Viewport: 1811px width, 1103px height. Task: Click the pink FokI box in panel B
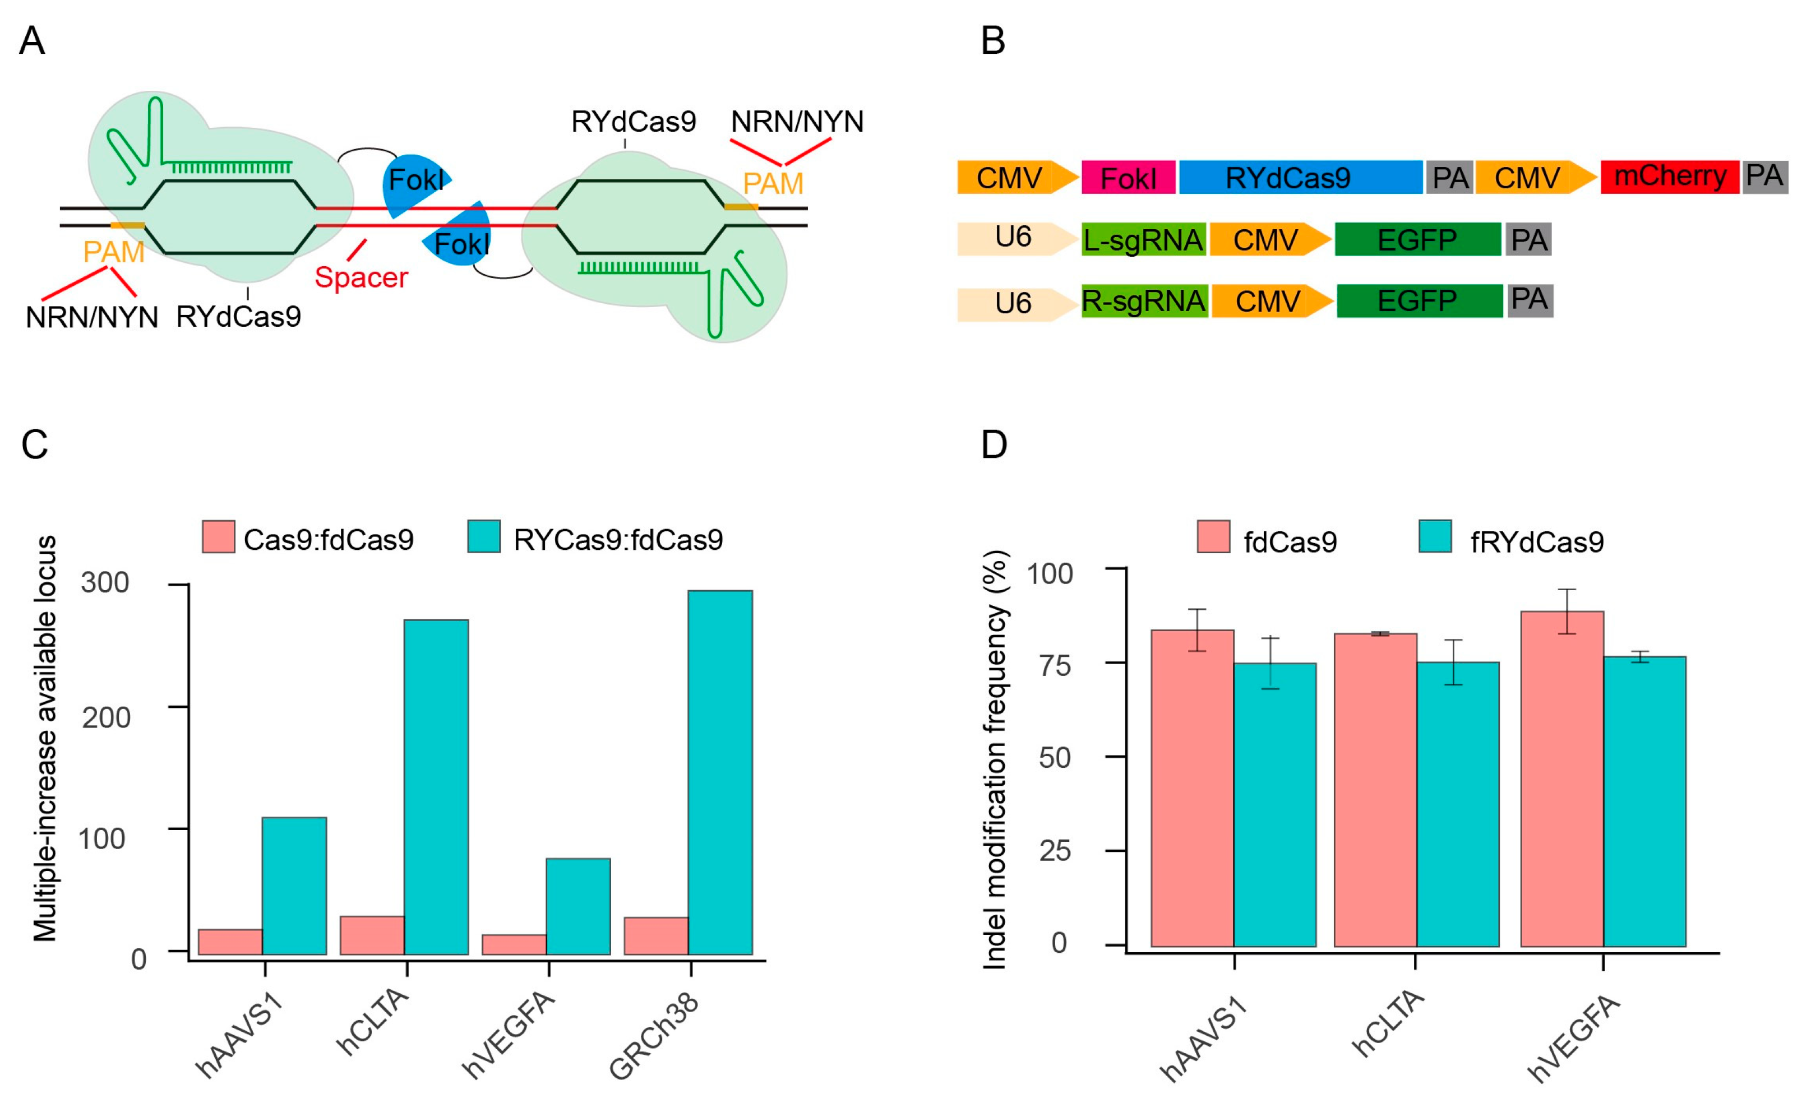1128,177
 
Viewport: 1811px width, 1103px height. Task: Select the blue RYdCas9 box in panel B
1300,177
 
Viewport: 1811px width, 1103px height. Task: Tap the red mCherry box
1669,177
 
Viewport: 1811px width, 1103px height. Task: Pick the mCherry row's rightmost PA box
1764,177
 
